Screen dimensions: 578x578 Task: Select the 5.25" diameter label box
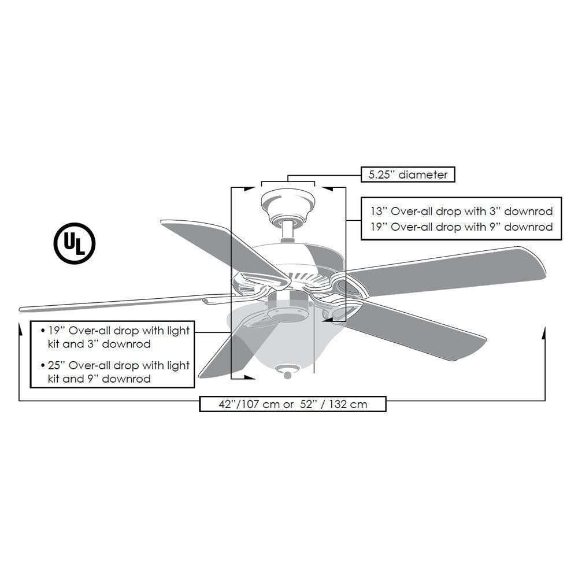[408, 173]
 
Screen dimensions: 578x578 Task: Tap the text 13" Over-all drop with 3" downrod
[461, 212]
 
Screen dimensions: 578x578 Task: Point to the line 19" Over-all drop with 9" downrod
[461, 227]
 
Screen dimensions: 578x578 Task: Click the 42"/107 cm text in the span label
[242, 404]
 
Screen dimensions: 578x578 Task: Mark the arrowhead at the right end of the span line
[545, 332]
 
